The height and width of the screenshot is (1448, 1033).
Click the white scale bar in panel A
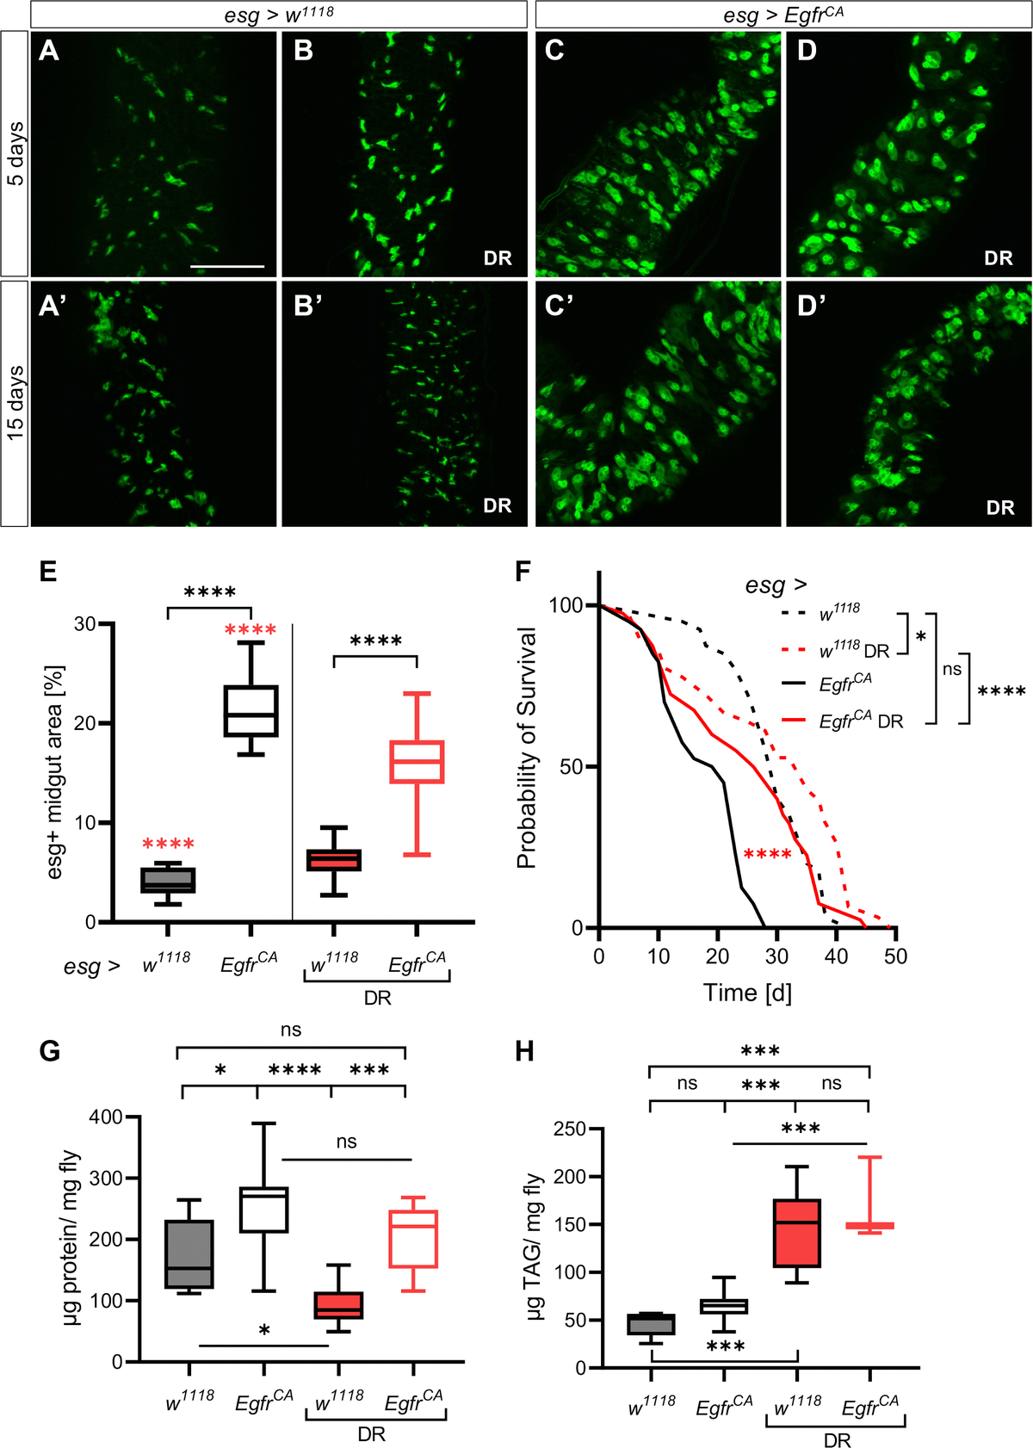(227, 267)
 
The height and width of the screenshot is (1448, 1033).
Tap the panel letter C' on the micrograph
(559, 305)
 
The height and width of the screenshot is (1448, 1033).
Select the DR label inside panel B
(498, 258)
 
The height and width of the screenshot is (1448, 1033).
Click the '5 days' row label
(15, 154)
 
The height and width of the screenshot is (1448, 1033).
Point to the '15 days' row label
(15, 403)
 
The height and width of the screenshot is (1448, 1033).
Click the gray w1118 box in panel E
(168, 880)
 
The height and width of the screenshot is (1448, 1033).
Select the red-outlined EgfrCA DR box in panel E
(417, 761)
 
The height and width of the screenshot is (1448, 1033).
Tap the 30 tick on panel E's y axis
(84, 623)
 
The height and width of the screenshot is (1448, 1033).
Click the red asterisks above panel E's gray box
(168, 844)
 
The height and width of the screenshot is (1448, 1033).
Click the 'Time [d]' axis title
(747, 993)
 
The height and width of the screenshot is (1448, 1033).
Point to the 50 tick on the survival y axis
(571, 767)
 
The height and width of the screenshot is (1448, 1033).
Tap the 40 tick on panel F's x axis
(836, 956)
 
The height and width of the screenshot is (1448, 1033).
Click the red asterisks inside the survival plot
(767, 854)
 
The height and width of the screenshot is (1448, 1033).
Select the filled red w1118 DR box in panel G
(337, 1305)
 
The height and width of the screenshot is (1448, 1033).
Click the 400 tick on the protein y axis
(106, 1117)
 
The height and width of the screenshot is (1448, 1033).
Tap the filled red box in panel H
(797, 1233)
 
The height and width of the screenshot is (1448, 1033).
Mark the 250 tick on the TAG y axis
(570, 1129)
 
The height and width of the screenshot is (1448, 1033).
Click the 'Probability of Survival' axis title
(527, 747)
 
